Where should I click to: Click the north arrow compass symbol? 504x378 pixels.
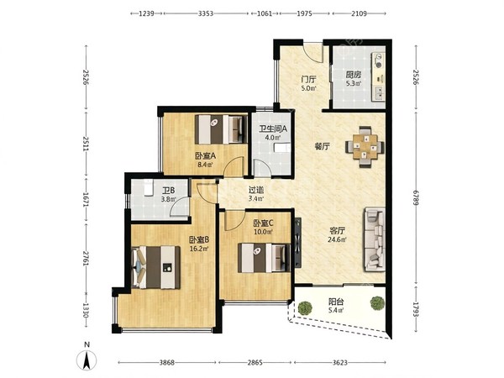click(87, 360)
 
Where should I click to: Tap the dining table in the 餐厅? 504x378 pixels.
click(365, 147)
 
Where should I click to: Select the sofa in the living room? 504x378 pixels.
click(375, 239)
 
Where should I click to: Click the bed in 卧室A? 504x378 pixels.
click(221, 129)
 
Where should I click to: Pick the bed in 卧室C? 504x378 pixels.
click(264, 258)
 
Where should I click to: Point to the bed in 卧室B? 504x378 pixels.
click(156, 267)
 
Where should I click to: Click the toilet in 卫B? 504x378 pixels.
click(148, 188)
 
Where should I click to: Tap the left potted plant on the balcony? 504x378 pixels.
click(305, 307)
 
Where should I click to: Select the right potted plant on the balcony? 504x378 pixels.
click(377, 302)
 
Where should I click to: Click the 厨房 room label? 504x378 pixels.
click(354, 76)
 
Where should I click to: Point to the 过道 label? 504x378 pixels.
click(256, 191)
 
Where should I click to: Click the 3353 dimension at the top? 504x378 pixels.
click(206, 13)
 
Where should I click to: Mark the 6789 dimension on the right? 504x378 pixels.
click(416, 198)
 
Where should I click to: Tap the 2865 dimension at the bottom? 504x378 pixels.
click(255, 363)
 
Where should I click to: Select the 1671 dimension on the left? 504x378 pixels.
click(86, 199)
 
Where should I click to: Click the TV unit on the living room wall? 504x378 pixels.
click(298, 243)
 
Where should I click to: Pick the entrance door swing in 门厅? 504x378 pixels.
click(313, 52)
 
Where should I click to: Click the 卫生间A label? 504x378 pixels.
click(273, 129)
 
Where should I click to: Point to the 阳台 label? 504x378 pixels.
click(336, 302)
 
